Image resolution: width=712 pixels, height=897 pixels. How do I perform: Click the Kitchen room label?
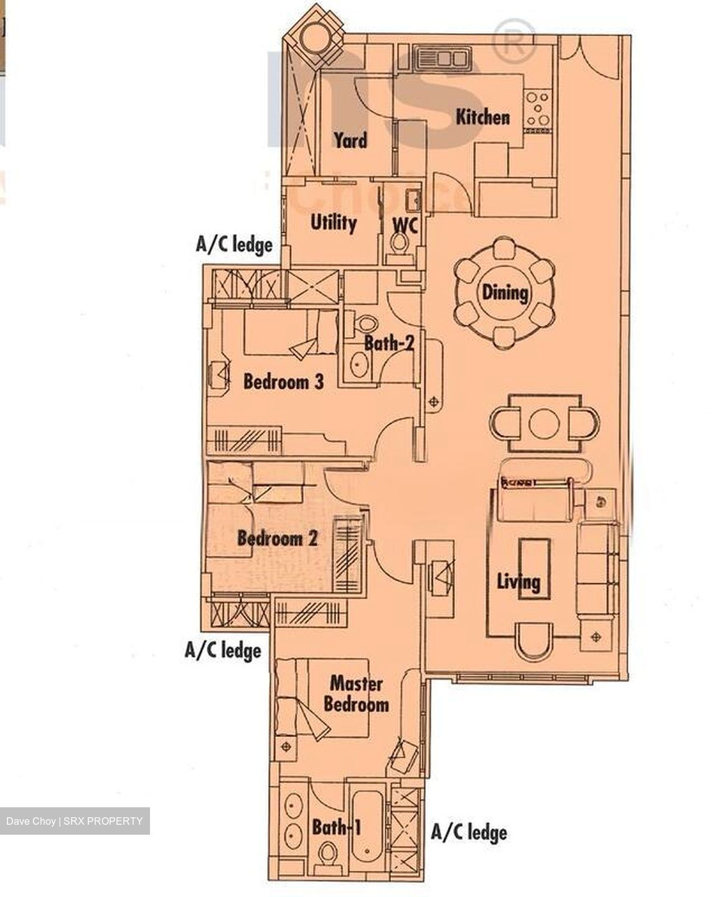pos(482,116)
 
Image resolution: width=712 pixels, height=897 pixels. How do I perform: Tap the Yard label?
pos(350,140)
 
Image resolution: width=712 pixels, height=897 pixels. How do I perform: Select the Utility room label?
pos(333,222)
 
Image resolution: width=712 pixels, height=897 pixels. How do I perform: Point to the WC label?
pos(405,224)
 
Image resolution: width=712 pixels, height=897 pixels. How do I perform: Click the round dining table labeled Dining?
pos(504,292)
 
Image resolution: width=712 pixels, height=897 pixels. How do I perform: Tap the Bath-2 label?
pos(389,343)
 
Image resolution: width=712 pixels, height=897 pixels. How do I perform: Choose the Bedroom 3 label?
pos(283,381)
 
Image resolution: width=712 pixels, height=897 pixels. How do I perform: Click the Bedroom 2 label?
pos(277,538)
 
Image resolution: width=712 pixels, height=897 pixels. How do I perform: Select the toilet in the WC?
pos(398,242)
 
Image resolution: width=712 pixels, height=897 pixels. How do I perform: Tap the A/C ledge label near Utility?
pos(234,244)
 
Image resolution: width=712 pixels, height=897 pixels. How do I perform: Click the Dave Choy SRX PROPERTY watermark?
pos(75,821)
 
